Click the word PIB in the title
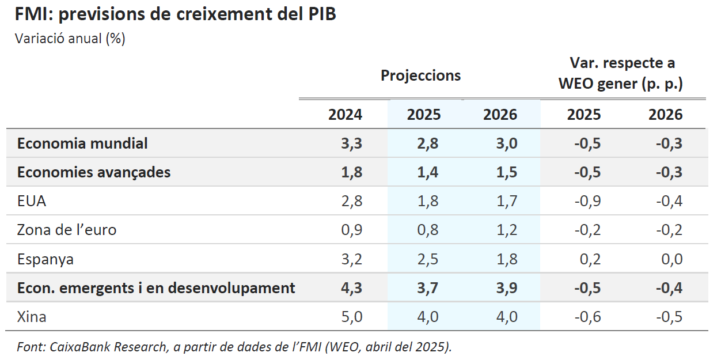click(319, 14)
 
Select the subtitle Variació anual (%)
click(70, 39)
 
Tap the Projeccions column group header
click(420, 75)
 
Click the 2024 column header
click(345, 115)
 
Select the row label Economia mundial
click(82, 143)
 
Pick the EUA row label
click(32, 201)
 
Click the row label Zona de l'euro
click(67, 230)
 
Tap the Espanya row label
click(45, 259)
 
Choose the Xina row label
click(32, 316)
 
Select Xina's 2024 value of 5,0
click(351, 316)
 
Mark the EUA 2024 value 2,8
click(351, 201)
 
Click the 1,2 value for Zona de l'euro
click(506, 230)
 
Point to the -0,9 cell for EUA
click(587, 201)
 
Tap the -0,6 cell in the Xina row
click(587, 316)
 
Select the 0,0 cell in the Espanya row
click(671, 259)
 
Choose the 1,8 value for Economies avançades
click(351, 172)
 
